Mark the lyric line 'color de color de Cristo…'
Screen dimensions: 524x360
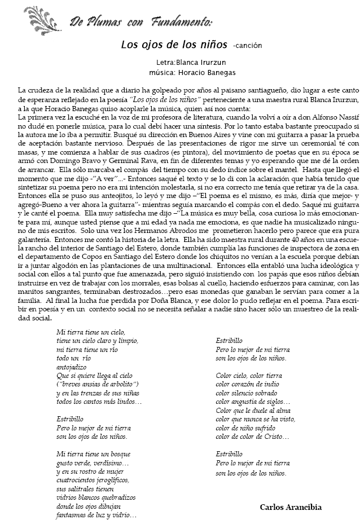point(252,436)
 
